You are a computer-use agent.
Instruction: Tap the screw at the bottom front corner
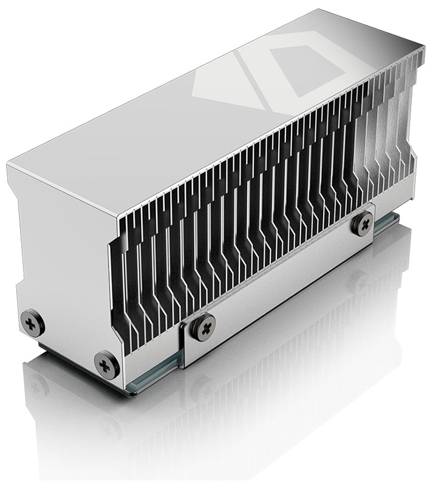pos(107,364)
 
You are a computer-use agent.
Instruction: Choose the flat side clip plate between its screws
pos(279,286)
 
